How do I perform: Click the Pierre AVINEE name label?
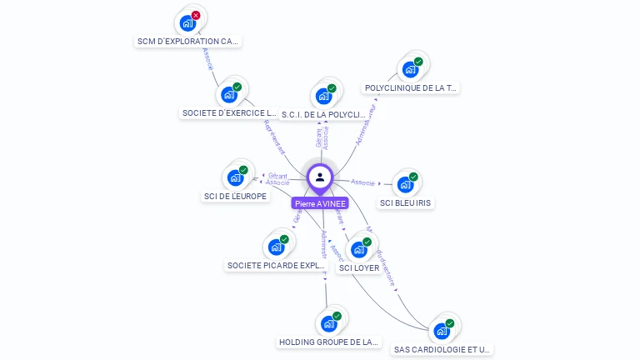[320, 203]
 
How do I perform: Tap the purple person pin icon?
[320, 177]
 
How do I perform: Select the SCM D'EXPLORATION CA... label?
[188, 41]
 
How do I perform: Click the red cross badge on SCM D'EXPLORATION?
[196, 15]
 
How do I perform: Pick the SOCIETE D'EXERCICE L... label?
[229, 112]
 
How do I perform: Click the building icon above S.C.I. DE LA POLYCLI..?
[323, 96]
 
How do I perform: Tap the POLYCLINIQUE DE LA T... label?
[411, 87]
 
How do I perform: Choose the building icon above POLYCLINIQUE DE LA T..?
[409, 69]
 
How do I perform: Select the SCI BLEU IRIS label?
[407, 202]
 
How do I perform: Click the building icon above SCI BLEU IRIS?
[405, 184]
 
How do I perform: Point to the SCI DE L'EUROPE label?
[235, 197]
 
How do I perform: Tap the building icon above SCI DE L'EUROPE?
[234, 177]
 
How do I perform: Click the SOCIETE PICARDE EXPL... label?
[277, 266]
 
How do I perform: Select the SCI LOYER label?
[359, 267]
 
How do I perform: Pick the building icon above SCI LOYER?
[358, 249]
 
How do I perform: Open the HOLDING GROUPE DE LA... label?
[328, 342]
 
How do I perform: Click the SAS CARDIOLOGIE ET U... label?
[442, 350]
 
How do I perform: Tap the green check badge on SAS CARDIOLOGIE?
[450, 323]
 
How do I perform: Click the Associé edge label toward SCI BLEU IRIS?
[363, 182]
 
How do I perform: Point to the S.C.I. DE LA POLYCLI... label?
[323, 114]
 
